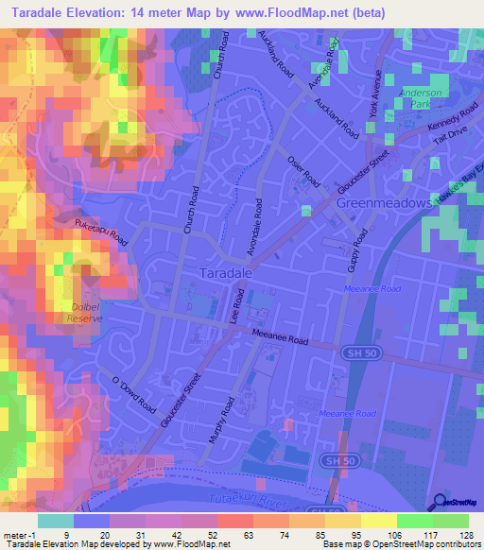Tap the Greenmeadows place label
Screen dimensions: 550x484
(x=383, y=203)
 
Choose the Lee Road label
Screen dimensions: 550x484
(x=239, y=307)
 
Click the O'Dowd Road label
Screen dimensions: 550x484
(x=133, y=395)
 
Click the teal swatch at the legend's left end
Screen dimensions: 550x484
(x=56, y=521)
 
